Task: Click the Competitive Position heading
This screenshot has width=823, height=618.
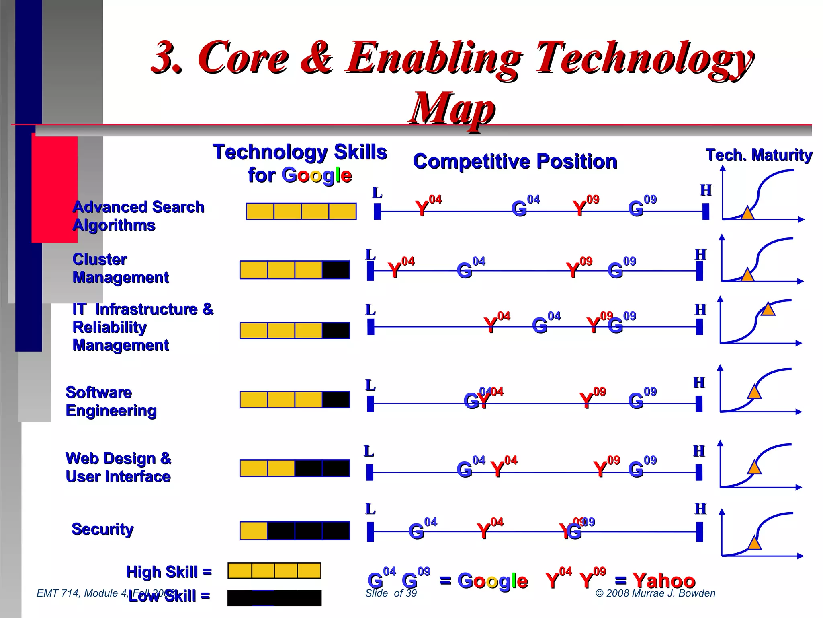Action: (x=515, y=161)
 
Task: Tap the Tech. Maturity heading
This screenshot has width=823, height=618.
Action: (x=759, y=155)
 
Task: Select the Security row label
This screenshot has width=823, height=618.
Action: (x=102, y=529)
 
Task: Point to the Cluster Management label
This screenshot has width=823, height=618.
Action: (x=121, y=268)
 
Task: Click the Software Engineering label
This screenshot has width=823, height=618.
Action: (x=111, y=402)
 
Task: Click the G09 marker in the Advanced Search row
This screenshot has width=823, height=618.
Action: (x=637, y=208)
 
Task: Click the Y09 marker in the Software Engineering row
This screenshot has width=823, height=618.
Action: (x=587, y=400)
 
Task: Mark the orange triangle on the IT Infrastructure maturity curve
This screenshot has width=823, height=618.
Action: (x=768, y=309)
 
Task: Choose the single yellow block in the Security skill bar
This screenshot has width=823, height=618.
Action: (x=254, y=531)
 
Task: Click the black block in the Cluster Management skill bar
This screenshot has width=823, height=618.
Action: (x=336, y=270)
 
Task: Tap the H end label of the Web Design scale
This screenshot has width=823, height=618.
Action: (x=699, y=451)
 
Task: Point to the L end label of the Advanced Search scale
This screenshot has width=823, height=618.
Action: (x=377, y=193)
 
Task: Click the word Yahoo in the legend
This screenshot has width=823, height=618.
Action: (x=664, y=581)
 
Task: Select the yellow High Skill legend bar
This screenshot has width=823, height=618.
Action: (x=274, y=571)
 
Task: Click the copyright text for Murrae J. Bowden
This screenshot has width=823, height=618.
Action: (x=655, y=593)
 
